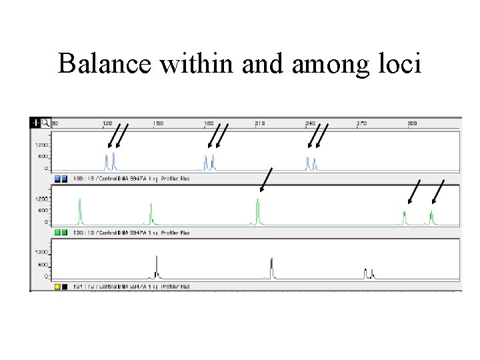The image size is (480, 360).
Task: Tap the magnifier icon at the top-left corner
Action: (x=45, y=123)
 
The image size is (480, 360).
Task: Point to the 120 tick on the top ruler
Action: (x=107, y=123)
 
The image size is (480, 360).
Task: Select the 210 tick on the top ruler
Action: (x=260, y=123)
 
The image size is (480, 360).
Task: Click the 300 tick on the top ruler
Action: (x=413, y=123)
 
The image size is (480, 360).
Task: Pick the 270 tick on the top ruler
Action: (x=361, y=123)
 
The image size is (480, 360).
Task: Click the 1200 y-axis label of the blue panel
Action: (x=41, y=145)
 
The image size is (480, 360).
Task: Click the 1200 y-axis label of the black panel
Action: (x=41, y=252)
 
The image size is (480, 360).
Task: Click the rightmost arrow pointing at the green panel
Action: (x=439, y=191)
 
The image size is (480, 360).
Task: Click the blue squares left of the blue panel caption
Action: (x=61, y=179)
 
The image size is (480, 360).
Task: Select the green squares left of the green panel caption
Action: (x=61, y=233)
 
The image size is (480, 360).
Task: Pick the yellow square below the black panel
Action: (x=57, y=287)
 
